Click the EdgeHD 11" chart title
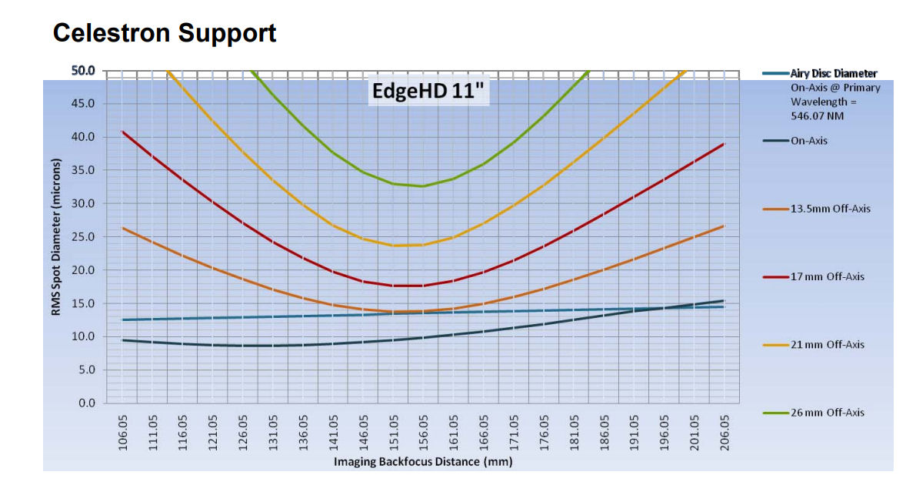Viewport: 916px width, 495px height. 428,91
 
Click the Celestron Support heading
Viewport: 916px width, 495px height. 165,33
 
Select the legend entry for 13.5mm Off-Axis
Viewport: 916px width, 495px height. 830,209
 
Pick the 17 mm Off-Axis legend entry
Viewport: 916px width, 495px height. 827,276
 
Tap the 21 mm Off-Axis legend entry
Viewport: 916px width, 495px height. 827,344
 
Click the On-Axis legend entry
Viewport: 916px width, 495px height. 809,141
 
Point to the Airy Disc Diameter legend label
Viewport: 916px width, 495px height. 834,73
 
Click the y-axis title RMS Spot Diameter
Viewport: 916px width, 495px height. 56,236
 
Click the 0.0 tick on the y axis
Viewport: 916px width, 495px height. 87,403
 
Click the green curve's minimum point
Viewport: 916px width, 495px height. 421,186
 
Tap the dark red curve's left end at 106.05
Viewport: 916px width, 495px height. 123,132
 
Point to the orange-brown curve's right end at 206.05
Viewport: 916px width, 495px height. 723,226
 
